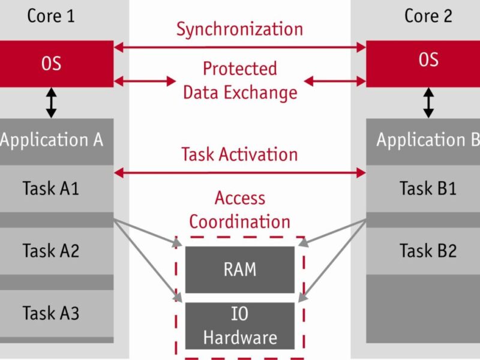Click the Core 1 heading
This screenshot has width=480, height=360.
[51, 16]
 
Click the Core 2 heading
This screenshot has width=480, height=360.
[428, 16]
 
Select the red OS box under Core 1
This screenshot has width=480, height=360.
[54, 63]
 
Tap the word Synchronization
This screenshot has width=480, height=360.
[239, 29]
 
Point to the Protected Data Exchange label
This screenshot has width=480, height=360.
[239, 80]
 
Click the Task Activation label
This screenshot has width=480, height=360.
[239, 154]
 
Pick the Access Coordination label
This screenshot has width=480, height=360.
[239, 209]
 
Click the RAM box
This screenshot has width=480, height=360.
[239, 269]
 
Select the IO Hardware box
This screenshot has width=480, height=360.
[239, 325]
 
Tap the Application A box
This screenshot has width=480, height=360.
[54, 140]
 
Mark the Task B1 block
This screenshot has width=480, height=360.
[428, 188]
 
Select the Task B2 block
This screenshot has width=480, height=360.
[428, 250]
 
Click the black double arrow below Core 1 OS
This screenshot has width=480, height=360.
[52, 103]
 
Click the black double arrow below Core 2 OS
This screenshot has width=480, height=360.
[428, 103]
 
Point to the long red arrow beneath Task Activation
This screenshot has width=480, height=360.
[239, 173]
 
